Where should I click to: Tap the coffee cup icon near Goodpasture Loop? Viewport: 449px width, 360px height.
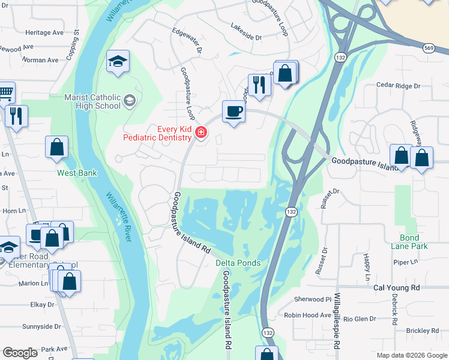[233, 111]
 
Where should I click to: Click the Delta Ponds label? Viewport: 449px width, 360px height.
[238, 263]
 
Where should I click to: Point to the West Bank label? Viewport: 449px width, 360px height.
[77, 173]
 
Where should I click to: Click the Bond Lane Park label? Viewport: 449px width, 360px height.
[414, 242]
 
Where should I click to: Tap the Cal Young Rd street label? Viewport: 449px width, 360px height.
[397, 287]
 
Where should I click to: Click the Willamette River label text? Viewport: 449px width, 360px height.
[118, 217]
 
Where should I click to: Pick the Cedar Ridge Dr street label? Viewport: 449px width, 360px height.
[398, 86]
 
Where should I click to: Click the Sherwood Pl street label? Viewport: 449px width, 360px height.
[312, 299]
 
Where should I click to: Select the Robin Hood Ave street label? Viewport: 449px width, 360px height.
[307, 315]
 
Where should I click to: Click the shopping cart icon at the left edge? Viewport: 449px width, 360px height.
[5, 92]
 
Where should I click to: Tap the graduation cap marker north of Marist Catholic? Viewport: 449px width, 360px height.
[118, 61]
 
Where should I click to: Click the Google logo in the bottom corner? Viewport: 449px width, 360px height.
[20, 353]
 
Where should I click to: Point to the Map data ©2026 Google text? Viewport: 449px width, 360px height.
[411, 355]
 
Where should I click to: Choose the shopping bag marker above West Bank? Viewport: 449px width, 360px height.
[56, 147]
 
